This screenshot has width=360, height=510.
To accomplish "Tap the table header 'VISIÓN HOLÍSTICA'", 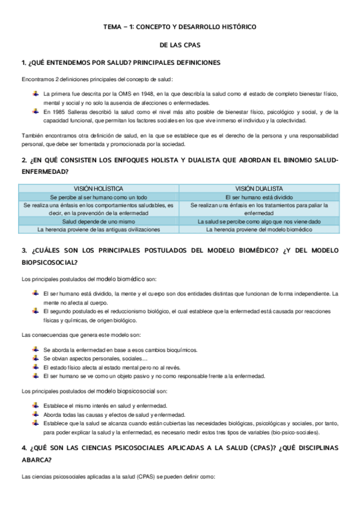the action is (99, 188).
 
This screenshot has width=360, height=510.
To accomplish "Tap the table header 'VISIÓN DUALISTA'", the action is (259, 188).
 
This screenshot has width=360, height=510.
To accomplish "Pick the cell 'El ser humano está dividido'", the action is (259, 197).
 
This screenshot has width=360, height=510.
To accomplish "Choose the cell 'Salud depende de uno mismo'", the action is (99, 221).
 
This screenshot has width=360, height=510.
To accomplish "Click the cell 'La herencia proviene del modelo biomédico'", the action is (259, 230).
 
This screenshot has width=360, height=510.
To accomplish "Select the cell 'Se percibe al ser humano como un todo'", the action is (99, 197).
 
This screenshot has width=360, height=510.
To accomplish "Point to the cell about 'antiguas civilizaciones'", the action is (99, 230).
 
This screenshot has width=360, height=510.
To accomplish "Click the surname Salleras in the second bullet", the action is (78, 112).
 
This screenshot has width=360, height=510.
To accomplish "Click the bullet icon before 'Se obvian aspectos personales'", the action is (36, 358).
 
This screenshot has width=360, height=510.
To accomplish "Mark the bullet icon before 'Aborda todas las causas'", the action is (36, 414).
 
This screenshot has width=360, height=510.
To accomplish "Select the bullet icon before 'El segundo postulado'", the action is (36, 311).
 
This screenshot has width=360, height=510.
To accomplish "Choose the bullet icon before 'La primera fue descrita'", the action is (36, 94).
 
